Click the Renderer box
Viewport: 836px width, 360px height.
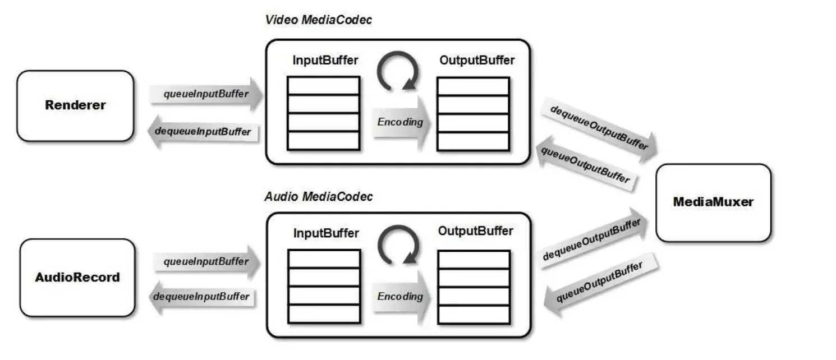[75, 105]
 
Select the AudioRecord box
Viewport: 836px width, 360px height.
[77, 278]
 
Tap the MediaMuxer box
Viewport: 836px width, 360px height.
[713, 202]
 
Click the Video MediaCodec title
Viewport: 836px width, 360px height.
[318, 20]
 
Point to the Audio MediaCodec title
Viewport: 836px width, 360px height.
[318, 197]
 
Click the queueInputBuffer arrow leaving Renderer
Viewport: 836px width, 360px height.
[206, 94]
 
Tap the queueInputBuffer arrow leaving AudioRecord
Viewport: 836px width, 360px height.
[206, 261]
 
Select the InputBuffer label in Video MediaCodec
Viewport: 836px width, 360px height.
[325, 60]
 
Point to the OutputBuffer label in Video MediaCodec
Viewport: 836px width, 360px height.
[476, 60]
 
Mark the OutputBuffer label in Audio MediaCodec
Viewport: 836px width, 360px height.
[475, 231]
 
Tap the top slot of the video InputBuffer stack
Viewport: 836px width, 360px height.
[323, 86]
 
